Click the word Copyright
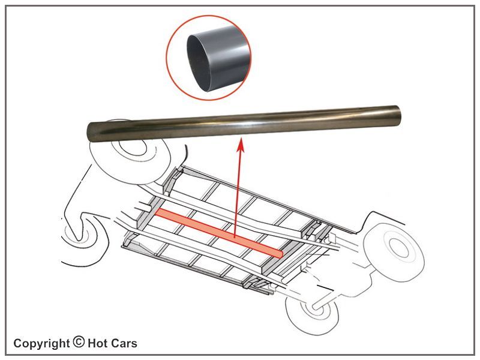[x=41, y=343]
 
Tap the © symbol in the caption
[x=79, y=341]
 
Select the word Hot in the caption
[x=97, y=343]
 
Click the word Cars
[x=124, y=343]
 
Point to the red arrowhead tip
[x=241, y=139]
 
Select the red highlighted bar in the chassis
[x=219, y=233]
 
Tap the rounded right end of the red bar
[x=280, y=253]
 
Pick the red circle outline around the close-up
[x=209, y=58]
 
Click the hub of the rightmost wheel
[x=399, y=247]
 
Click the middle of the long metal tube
[x=244, y=124]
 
